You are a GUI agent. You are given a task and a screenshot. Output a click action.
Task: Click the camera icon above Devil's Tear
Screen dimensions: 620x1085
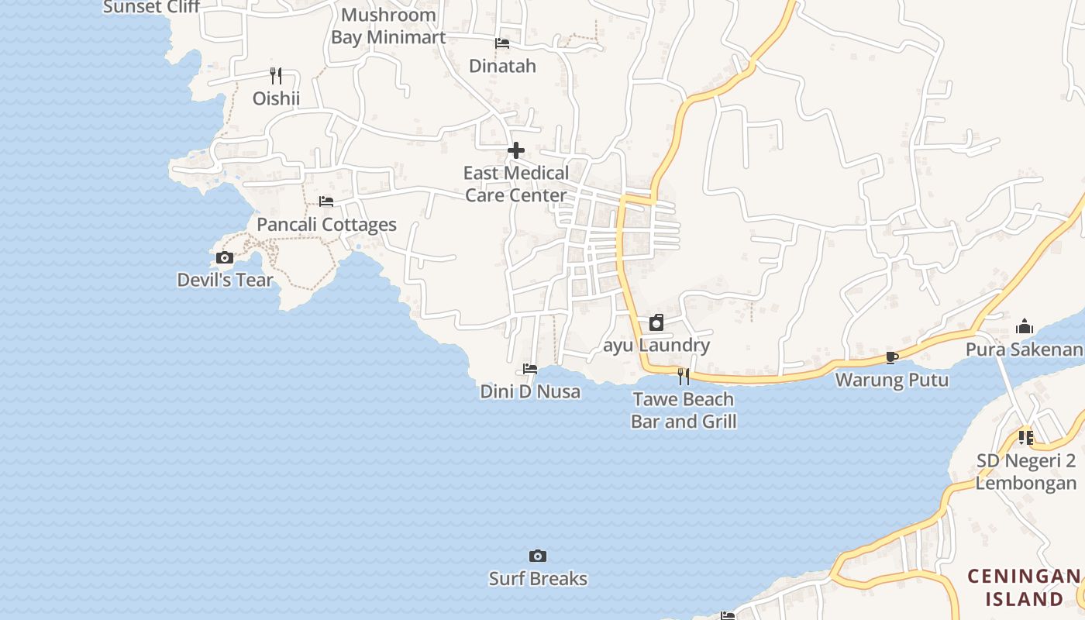point(225,258)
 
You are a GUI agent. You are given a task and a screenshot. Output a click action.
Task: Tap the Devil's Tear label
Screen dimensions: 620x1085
point(225,280)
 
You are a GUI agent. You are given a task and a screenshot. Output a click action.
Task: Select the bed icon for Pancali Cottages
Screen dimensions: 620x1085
point(326,201)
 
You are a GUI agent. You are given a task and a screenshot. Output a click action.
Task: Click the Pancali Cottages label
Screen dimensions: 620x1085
point(326,225)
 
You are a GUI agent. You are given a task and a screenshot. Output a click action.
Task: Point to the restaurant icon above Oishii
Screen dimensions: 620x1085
point(276,75)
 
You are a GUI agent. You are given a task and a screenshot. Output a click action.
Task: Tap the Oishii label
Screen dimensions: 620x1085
point(276,98)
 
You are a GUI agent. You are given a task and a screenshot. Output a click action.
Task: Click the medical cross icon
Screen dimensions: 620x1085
point(516,150)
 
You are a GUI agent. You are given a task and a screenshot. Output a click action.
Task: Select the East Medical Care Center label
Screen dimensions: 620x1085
point(516,184)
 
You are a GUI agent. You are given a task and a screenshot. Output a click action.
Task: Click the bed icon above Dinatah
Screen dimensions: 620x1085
point(502,43)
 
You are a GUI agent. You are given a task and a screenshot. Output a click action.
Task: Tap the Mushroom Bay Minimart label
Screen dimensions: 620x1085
point(388,26)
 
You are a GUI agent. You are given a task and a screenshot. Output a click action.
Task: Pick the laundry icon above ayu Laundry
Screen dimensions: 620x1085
point(656,322)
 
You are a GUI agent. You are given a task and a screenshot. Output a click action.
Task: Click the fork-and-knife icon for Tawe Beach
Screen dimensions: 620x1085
point(684,376)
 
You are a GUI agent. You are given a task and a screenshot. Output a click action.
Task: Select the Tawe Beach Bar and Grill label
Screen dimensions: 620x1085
point(684,410)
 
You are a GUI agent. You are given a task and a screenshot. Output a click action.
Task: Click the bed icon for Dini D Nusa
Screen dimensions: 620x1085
point(530,368)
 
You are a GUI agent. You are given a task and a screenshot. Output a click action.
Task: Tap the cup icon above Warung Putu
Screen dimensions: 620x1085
point(892,357)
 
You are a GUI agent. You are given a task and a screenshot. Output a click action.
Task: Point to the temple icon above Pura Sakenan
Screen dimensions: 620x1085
point(1025,326)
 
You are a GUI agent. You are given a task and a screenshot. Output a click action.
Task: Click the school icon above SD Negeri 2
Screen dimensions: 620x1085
point(1026,438)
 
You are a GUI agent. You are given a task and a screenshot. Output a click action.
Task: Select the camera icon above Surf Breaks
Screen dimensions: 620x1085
point(538,556)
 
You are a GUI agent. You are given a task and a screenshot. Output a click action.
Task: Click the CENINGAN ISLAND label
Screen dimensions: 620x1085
point(1024,587)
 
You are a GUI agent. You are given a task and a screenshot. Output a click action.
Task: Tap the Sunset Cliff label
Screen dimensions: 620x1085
point(152,7)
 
